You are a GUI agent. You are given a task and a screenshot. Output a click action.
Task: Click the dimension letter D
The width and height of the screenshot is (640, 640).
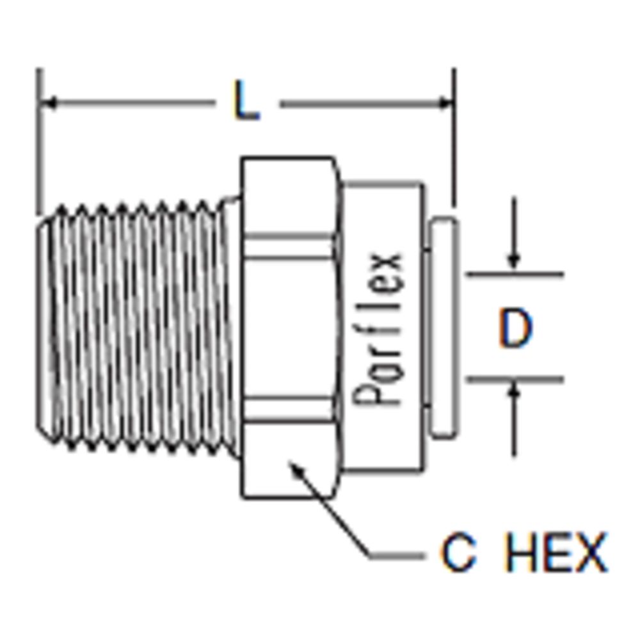515,329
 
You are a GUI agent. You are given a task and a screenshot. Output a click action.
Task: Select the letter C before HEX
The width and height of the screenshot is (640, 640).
458,554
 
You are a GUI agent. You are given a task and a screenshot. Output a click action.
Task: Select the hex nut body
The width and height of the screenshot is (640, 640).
289,326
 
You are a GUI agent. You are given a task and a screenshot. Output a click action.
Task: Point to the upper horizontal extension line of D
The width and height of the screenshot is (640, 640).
515,275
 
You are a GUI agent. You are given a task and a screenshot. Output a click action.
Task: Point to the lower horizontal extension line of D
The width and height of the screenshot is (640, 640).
515,379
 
